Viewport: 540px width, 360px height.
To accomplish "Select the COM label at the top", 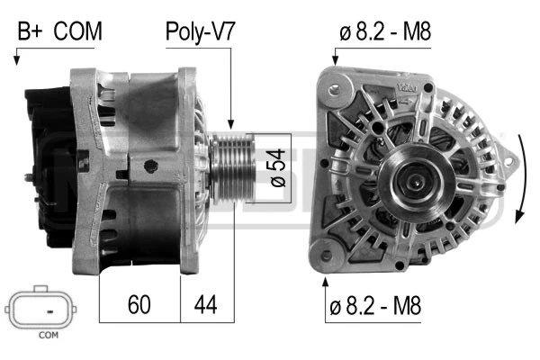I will click(x=77, y=32).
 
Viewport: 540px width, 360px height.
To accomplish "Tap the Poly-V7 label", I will click(x=200, y=32).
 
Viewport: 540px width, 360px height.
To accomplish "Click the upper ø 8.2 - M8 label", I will click(x=385, y=32).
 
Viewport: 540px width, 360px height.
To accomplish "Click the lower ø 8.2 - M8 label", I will click(x=375, y=306).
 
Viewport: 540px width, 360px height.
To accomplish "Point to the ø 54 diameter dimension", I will click(x=276, y=166).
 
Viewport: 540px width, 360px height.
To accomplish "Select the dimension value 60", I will click(x=139, y=304).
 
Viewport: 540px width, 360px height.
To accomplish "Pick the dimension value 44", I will click(x=207, y=304).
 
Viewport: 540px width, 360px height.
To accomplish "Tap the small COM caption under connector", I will click(x=48, y=337).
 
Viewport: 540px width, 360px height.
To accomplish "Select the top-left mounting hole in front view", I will click(x=335, y=90).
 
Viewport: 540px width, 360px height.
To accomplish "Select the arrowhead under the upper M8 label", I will click(x=335, y=60).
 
